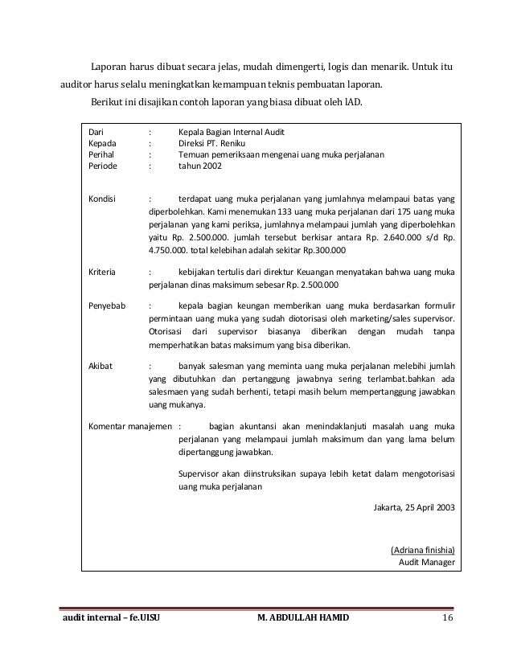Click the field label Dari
pos(95,131)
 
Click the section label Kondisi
pos(102,198)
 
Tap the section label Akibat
pos(100,365)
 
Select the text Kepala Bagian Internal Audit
pos(232,131)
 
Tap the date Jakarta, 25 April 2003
pos(414,507)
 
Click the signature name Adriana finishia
pos(422,550)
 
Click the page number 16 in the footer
pos(448,617)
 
